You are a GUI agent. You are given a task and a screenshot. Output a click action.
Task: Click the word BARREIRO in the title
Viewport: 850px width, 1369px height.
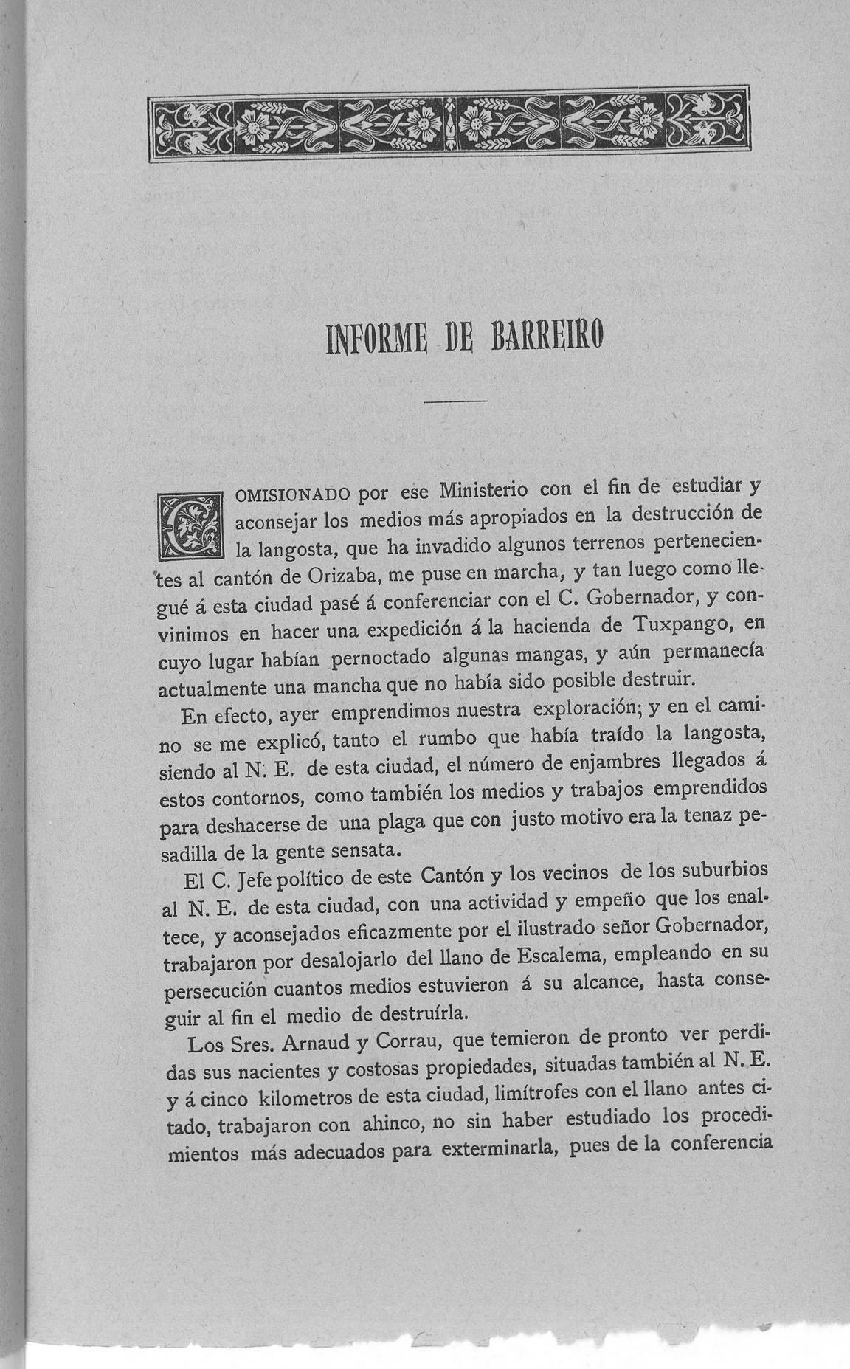(x=547, y=340)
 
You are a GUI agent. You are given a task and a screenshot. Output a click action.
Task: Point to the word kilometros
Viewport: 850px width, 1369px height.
(x=295, y=1094)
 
